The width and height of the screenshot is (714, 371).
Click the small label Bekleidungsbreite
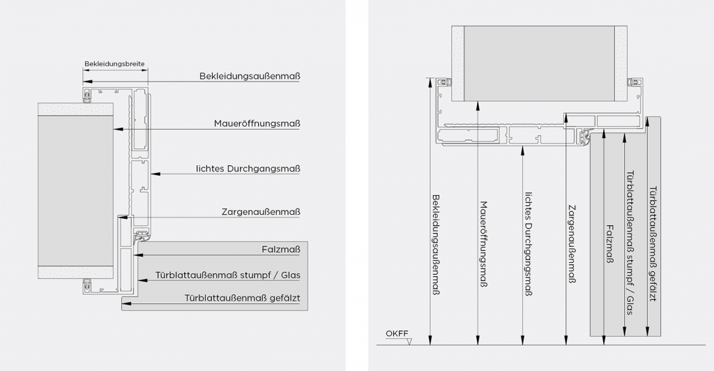(x=114, y=64)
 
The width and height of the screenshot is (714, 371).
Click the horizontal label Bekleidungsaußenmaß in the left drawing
(x=250, y=76)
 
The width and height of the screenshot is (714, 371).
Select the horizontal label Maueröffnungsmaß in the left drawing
(x=257, y=123)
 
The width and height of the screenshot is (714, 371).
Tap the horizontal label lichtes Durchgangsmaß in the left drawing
(x=248, y=169)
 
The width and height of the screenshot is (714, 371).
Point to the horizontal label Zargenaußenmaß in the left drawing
(x=261, y=212)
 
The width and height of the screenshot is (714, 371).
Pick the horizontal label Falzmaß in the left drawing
(x=281, y=250)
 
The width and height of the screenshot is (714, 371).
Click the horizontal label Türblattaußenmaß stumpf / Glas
(x=228, y=275)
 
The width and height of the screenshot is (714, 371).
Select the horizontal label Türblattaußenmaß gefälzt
(x=242, y=298)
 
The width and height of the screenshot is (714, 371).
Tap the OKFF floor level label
(x=397, y=333)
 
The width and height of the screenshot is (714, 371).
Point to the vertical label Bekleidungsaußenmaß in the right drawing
(x=436, y=245)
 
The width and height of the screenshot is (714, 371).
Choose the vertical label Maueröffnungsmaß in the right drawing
(x=484, y=244)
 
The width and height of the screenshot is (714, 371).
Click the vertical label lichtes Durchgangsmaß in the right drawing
(x=529, y=243)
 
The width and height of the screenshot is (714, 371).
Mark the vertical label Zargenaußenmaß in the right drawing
(x=572, y=245)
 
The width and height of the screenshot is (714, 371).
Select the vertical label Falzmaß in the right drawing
(x=610, y=244)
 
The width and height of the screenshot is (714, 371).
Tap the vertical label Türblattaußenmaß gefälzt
(x=653, y=244)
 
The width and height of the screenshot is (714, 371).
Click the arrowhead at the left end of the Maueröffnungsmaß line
(x=118, y=129)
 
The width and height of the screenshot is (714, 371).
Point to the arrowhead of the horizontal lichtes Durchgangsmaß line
(x=155, y=174)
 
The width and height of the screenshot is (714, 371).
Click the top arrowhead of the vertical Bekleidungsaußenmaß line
(x=430, y=82)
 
